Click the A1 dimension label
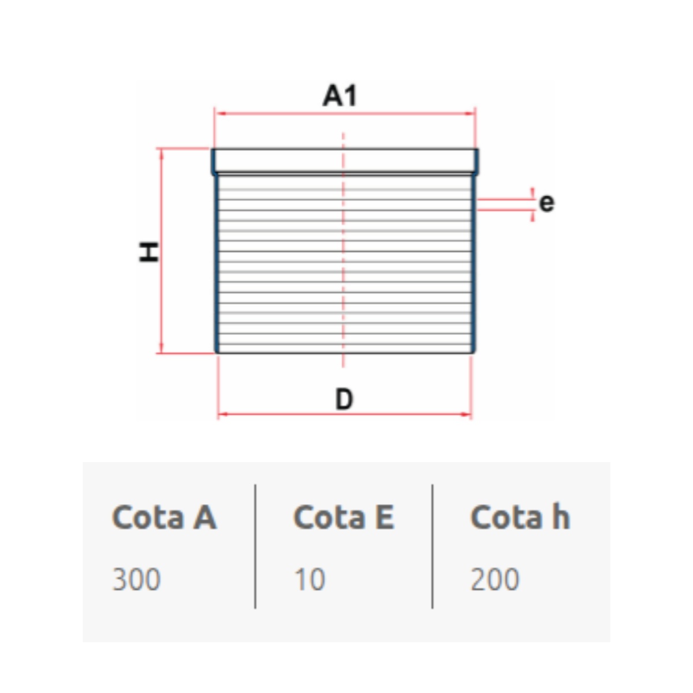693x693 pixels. point(340,95)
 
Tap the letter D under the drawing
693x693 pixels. point(344,399)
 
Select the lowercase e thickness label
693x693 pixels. point(546,203)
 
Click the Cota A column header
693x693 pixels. point(165,517)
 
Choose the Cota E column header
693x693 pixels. point(344,517)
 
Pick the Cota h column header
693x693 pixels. point(520,516)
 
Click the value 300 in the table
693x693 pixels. point(136,579)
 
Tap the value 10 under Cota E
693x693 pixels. point(310,579)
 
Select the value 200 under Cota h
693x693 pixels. point(495,579)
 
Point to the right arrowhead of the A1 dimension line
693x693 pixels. point(470,114)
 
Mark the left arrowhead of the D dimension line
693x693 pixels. point(223,414)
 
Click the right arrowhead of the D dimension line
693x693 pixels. point(465,414)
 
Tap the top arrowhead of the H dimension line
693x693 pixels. point(161,154)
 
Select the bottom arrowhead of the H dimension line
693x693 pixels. point(161,348)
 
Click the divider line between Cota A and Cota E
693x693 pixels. point(255,547)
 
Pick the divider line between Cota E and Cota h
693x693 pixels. point(433,547)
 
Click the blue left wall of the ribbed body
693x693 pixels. point(217,263)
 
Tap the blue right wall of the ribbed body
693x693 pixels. point(474,263)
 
